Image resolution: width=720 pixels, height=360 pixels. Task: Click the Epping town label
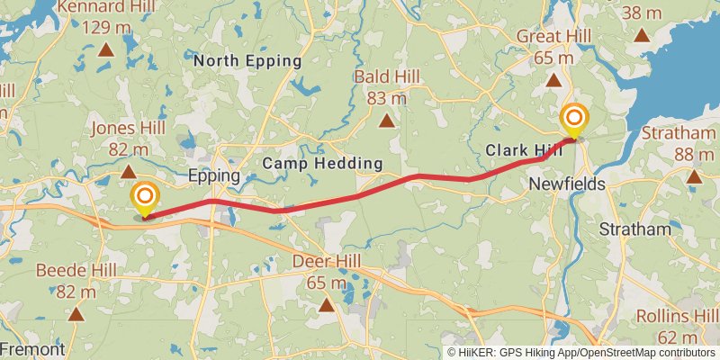pos(213,175)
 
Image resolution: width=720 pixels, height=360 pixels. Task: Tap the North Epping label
pos(247,61)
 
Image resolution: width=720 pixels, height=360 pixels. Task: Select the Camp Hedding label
pos(323,164)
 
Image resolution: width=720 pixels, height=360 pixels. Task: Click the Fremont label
pos(32,349)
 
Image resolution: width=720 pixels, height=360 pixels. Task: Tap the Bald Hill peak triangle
pos(386,121)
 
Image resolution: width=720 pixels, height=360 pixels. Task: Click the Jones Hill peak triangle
pos(129,171)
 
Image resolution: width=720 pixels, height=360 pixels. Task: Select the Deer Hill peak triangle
pos(326,305)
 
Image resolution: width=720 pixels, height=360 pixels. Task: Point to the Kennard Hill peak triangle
pos(106,49)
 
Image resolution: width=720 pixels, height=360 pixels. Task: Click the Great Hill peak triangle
pos(553,79)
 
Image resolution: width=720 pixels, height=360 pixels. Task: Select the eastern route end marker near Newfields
pos(573,121)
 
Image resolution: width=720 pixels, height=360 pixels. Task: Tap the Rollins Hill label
pos(675,316)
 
